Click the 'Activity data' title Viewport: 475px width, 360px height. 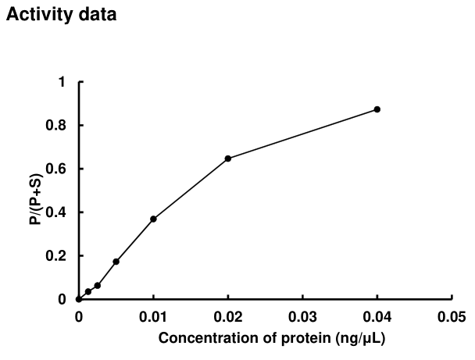pyautogui.click(x=62, y=15)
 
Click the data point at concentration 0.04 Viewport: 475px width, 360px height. pyautogui.click(x=377, y=109)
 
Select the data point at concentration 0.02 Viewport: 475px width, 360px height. pyautogui.click(x=227, y=159)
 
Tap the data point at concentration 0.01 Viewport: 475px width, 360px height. pyautogui.click(x=153, y=219)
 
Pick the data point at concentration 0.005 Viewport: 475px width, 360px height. pyautogui.click(x=116, y=262)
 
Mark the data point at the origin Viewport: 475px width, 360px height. pyautogui.click(x=78, y=299)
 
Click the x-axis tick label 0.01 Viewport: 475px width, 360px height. pyautogui.click(x=153, y=317)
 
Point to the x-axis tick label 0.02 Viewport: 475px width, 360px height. pyautogui.click(x=227, y=317)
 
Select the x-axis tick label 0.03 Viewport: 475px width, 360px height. pyautogui.click(x=302, y=317)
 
